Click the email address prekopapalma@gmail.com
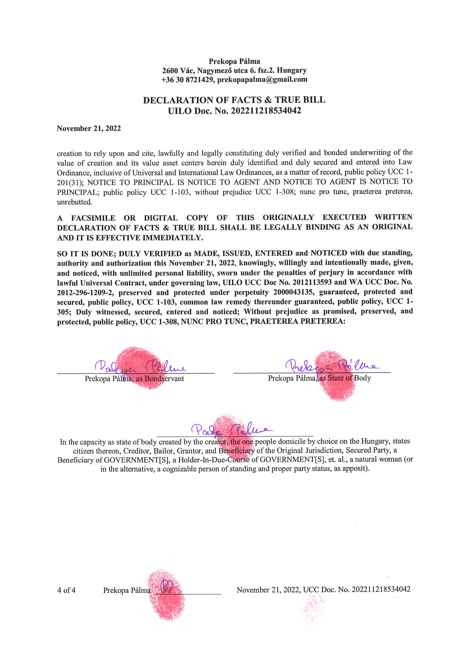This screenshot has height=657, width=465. (x=262, y=79)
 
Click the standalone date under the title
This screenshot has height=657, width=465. (x=89, y=129)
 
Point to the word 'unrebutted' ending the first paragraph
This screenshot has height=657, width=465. (x=74, y=202)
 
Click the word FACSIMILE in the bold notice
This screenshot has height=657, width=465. (x=93, y=218)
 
